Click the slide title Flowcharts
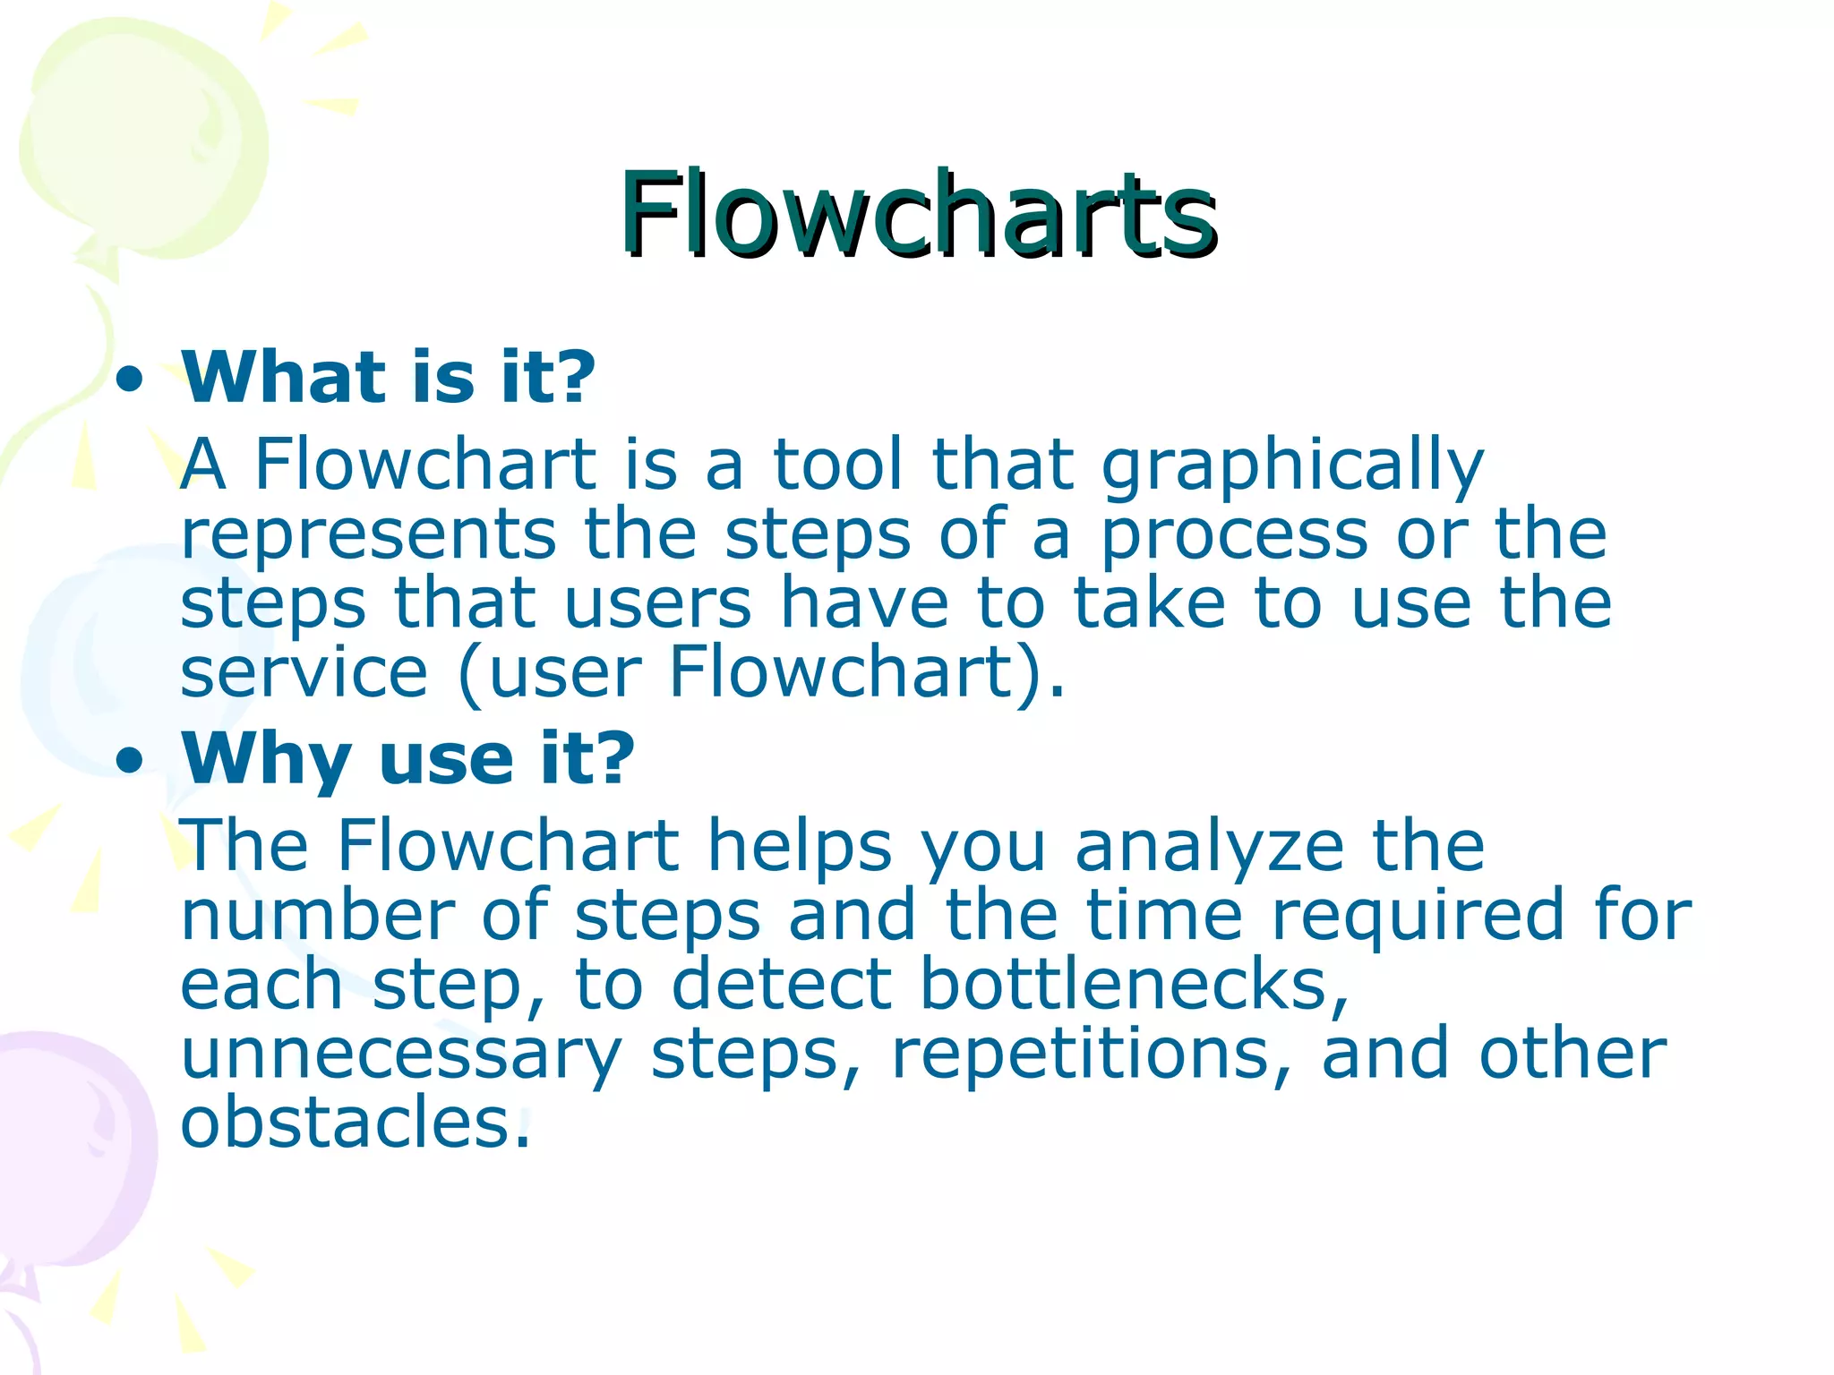point(917,215)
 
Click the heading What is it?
point(388,377)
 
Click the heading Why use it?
point(407,758)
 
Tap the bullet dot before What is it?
point(130,380)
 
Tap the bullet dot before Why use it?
point(130,762)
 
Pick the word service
point(304,672)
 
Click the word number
point(317,915)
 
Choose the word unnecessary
point(400,1055)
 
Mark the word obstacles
point(356,1123)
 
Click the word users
point(657,603)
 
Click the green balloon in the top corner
point(143,143)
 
